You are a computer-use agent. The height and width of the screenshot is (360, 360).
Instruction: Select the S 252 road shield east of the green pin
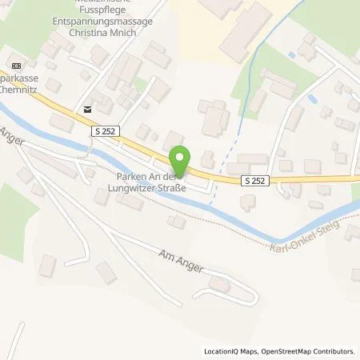coord(255,182)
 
